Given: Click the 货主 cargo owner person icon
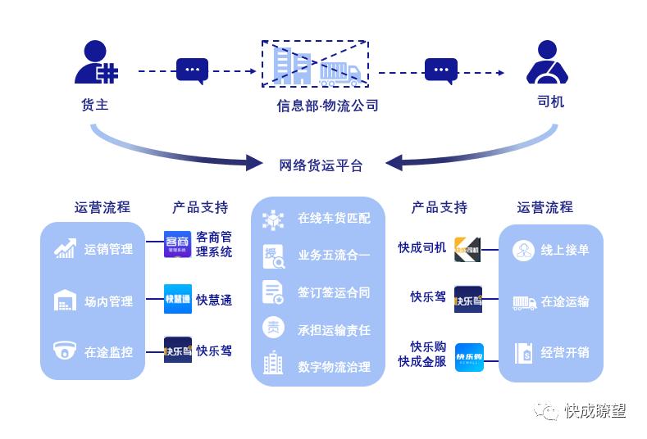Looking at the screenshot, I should click(x=94, y=63).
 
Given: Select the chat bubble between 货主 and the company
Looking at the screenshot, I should click(x=192, y=71).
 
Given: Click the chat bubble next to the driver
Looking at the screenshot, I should click(x=440, y=71).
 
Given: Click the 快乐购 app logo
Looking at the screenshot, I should click(x=469, y=357).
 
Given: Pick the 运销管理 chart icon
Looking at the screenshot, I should click(x=65, y=249).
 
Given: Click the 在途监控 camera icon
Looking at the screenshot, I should click(x=65, y=351).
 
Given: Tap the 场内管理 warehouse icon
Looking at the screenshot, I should click(x=65, y=301).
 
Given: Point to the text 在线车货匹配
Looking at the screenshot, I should click(x=334, y=219).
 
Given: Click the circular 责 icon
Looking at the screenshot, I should click(x=273, y=328).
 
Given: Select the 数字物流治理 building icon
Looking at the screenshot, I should click(x=273, y=364).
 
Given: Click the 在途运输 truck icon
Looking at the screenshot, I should click(x=523, y=302).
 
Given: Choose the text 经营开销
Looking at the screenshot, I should click(x=565, y=353).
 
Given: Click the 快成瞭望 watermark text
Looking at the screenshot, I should click(x=595, y=411).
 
